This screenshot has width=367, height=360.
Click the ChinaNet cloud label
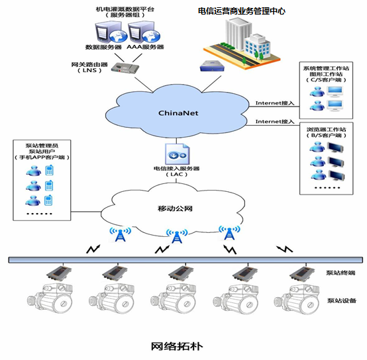[x=178, y=113]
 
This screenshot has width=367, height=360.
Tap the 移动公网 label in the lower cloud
[x=175, y=208]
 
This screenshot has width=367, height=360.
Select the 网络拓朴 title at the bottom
[x=177, y=346]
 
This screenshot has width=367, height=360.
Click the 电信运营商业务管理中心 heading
[x=242, y=11]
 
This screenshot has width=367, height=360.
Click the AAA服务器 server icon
[x=144, y=32]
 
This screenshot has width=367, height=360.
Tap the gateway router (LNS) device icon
[x=125, y=68]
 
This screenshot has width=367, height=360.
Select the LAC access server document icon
[x=177, y=154]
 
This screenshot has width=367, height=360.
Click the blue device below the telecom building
[x=212, y=66]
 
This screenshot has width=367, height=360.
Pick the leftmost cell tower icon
[x=121, y=234]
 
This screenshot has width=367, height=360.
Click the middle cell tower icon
[x=177, y=236]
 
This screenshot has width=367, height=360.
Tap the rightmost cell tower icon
[x=229, y=232]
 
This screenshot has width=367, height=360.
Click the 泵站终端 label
[x=341, y=273]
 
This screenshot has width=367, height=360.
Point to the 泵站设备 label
[x=342, y=300]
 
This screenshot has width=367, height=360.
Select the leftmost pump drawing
[x=50, y=298]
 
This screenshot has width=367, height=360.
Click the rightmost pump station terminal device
[x=303, y=273]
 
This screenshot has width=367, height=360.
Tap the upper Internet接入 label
[x=275, y=103]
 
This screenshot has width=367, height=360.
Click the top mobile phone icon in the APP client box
[x=49, y=170]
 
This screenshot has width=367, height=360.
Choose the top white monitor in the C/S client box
[x=335, y=91]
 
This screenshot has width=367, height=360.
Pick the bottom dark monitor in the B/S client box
[x=337, y=175]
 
